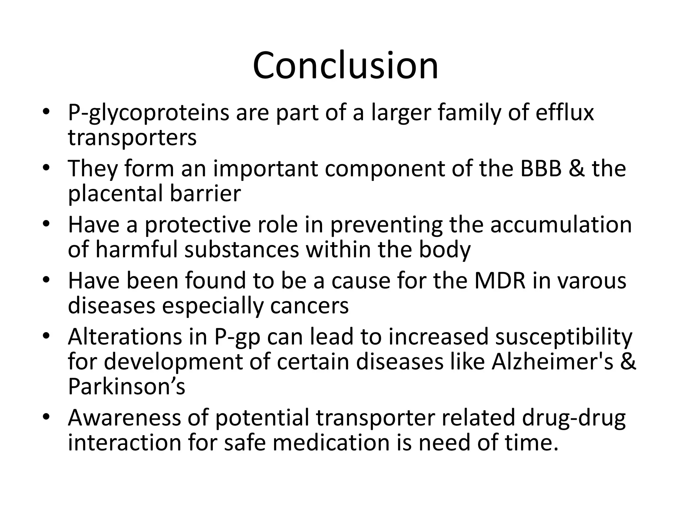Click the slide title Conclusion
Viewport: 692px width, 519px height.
(345, 66)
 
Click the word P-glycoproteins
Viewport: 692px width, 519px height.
(149, 114)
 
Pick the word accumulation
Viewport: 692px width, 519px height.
(561, 225)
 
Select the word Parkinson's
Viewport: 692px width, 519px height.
(126, 387)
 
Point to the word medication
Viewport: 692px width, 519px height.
(331, 443)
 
